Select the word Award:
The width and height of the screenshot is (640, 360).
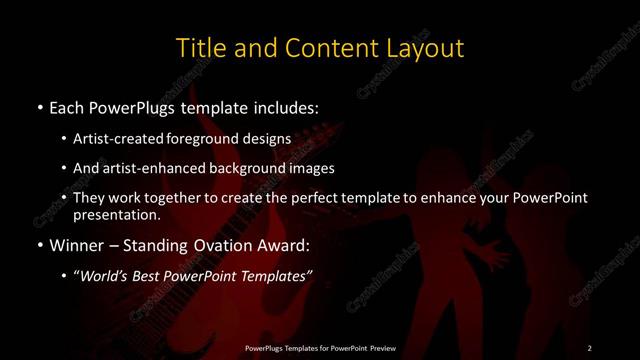[283, 246]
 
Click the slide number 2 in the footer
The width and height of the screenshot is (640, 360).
[590, 347]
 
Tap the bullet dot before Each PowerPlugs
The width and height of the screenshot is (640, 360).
[38, 106]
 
